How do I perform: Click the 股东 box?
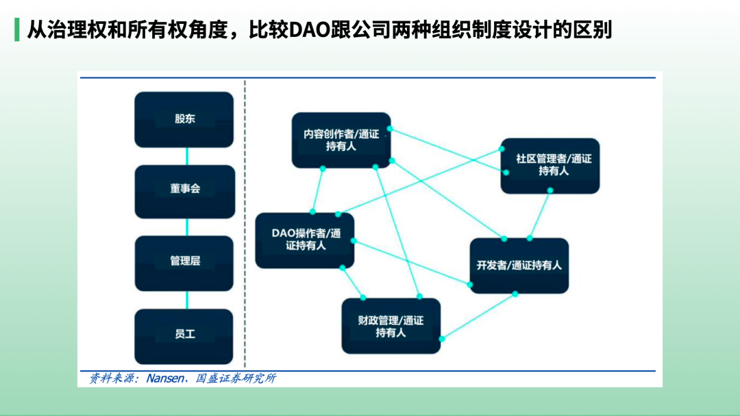pos(184,119)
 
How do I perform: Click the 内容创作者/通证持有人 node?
pos(341,140)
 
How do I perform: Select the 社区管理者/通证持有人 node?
pos(550,166)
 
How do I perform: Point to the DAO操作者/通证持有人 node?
pos(305,240)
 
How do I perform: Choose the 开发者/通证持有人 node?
pos(519,265)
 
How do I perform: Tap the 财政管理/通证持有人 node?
pos(391,326)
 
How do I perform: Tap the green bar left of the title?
pos(16,30)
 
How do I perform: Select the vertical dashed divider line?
pos(245,226)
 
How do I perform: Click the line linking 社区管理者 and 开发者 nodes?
pos(539,216)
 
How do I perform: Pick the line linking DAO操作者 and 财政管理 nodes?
pos(351,283)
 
